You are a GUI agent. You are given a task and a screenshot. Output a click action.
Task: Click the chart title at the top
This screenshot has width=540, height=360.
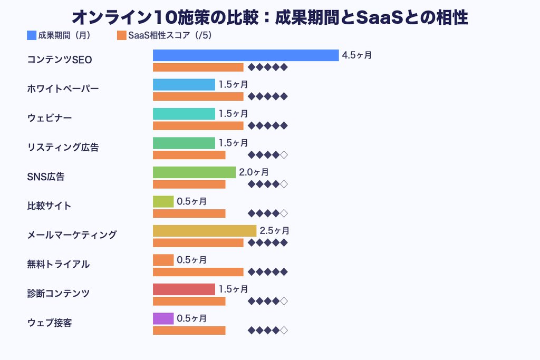pos(269,17)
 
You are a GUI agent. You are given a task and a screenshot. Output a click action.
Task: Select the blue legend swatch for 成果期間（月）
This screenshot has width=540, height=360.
pos(32,36)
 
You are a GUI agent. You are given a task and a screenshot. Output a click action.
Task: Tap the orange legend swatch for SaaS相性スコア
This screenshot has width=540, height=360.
pos(122,36)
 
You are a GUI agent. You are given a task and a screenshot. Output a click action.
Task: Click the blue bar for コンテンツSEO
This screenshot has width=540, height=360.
pos(245,55)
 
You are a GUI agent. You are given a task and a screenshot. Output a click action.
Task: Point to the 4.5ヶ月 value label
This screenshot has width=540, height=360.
pos(356,55)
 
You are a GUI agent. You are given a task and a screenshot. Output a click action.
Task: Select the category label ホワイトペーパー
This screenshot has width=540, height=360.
pos(63,89)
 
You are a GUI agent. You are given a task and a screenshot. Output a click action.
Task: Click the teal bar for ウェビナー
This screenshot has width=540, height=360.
pos(184,114)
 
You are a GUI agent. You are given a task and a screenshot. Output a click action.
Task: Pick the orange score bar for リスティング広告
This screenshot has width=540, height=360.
pos(189,155)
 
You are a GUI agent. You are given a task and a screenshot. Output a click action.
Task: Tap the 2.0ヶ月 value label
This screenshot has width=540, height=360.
pos(254,172)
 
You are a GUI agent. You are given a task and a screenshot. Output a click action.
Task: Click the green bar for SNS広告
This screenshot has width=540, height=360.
pos(194,172)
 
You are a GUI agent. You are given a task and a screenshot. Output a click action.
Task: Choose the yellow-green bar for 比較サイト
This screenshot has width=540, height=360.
pos(163,201)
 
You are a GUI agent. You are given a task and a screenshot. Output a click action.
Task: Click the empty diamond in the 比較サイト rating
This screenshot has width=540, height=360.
pos(284,213)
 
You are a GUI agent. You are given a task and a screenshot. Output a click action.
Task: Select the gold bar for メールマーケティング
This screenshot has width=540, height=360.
pos(204,231)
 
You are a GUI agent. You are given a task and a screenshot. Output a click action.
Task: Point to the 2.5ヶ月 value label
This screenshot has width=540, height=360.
pos(274,231)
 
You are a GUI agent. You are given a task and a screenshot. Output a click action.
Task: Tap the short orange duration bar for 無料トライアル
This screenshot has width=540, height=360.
pos(163,260)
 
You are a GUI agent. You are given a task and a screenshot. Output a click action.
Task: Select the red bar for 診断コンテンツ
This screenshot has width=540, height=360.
pos(184,289)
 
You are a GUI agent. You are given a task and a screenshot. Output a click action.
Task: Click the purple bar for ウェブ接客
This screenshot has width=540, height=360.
pos(163,318)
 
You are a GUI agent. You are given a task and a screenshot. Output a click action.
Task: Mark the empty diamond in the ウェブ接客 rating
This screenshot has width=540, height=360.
pos(284,330)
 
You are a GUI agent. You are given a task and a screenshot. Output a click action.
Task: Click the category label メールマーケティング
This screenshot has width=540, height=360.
pos(72,235)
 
